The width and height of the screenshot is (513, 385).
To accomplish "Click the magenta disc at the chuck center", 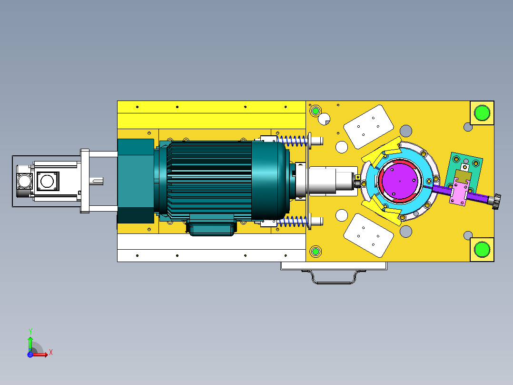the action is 400,181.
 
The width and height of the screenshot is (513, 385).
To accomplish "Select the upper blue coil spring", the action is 293,141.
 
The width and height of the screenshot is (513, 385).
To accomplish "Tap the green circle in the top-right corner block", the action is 482,113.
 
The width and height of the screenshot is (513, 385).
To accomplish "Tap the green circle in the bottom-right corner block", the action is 482,250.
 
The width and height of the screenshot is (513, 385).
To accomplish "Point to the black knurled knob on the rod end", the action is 496,201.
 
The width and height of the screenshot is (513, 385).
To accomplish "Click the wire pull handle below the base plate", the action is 334,277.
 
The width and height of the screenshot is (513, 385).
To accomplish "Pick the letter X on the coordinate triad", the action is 51,353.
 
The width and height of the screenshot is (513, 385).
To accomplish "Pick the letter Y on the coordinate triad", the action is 30,331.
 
